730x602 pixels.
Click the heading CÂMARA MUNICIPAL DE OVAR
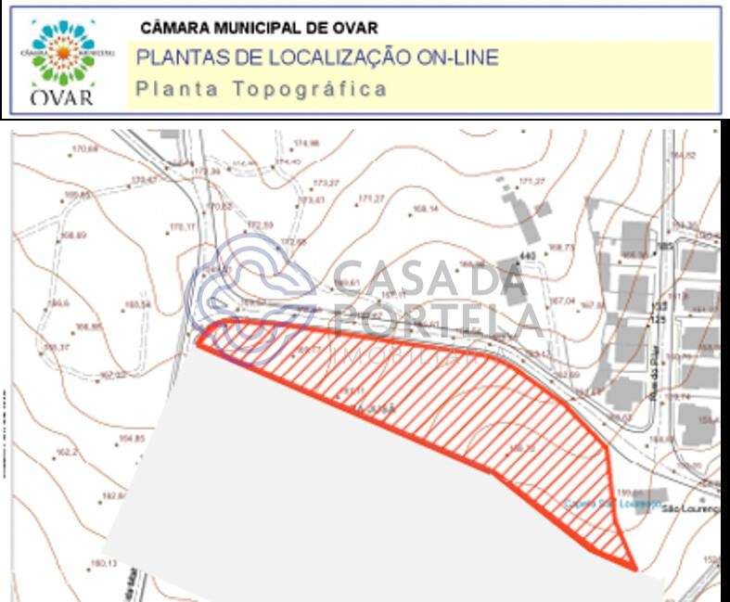coord(259,29)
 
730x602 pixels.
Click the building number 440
coord(529,255)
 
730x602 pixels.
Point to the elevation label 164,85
coord(133,438)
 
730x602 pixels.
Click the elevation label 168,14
coord(425,208)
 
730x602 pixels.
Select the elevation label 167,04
coord(563,301)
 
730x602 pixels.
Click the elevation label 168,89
coord(73,236)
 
